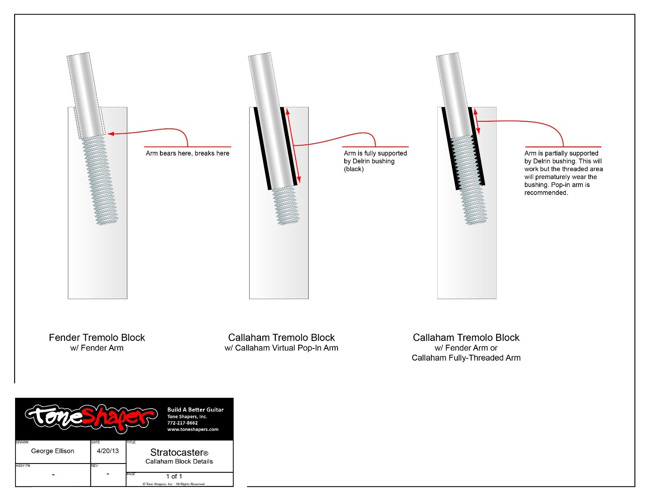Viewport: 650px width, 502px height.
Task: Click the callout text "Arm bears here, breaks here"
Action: (187, 154)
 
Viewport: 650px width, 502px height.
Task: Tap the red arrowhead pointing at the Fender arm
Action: (111, 134)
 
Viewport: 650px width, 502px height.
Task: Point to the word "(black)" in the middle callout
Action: (354, 169)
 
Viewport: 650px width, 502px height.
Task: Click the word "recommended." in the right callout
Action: (546, 193)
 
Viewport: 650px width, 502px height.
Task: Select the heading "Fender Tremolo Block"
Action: (97, 338)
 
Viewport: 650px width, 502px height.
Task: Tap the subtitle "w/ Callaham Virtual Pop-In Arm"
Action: (281, 348)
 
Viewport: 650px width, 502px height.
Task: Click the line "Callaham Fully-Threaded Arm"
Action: (466, 358)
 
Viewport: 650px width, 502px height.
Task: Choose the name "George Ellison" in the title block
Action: (53, 451)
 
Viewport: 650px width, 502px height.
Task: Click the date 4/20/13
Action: (108, 451)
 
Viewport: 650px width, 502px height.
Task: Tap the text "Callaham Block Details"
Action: (179, 461)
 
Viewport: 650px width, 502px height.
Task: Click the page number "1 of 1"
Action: (174, 476)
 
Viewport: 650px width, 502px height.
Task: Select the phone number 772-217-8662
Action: (182, 423)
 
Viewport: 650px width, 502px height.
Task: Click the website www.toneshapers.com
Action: (193, 429)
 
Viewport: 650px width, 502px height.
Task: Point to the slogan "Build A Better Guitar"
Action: (195, 410)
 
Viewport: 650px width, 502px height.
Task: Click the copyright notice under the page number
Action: (173, 484)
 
